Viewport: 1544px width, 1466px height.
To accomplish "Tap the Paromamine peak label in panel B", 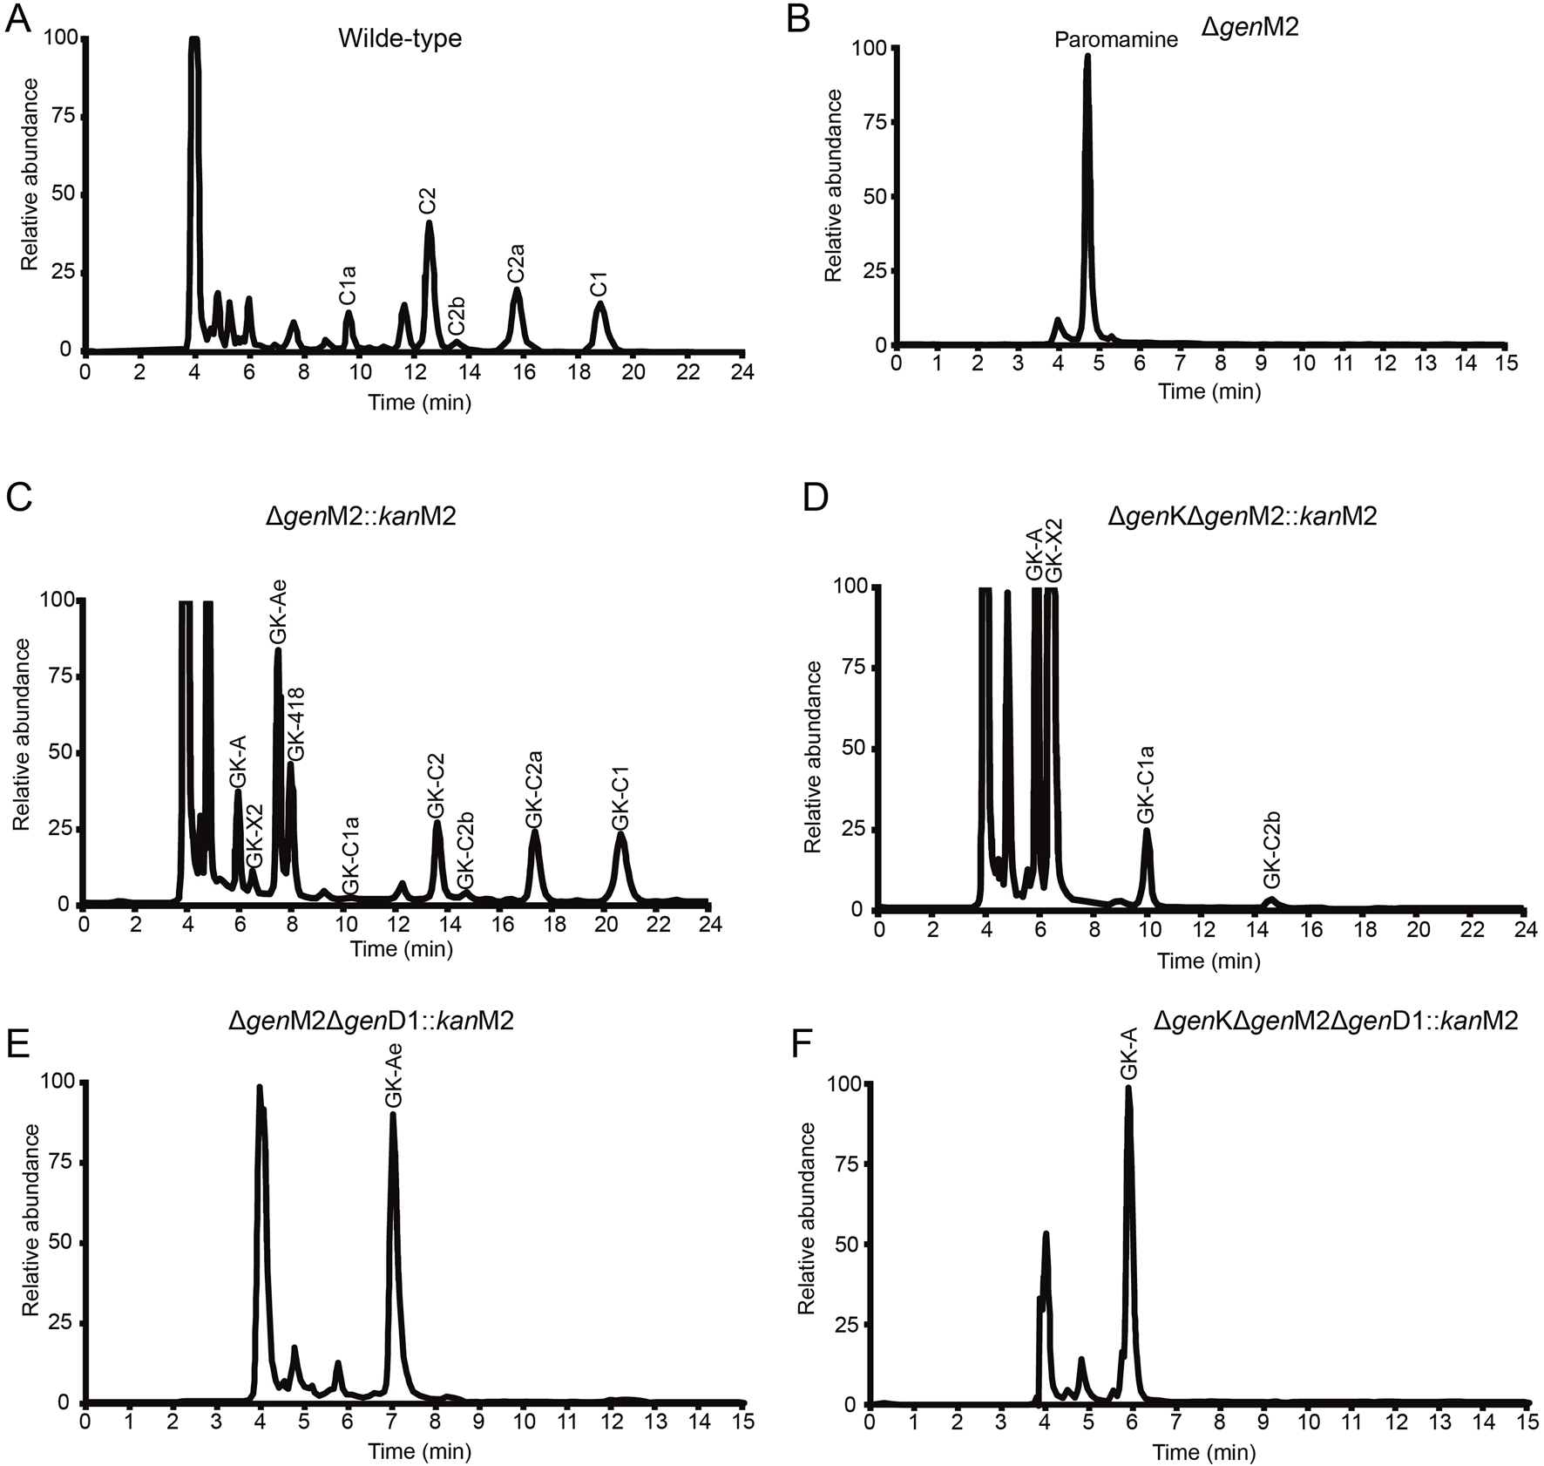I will pos(1115,39).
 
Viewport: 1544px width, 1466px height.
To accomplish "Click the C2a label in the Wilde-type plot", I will pos(516,263).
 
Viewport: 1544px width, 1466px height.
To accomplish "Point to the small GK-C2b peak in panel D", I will pos(1270,900).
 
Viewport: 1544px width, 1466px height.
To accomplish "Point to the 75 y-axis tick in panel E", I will pos(61,1162).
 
